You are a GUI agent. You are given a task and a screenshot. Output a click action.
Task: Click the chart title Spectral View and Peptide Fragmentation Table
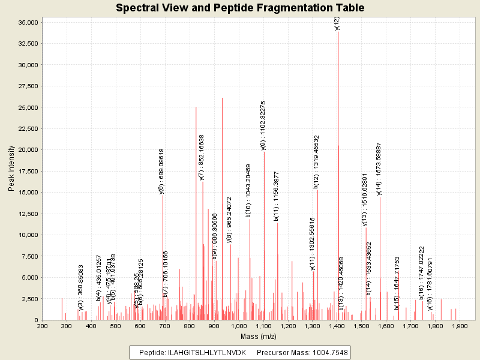click(x=240, y=8)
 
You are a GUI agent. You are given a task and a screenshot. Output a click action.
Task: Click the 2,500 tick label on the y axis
click(x=31, y=298)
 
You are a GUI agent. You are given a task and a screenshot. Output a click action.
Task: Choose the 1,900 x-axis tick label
click(x=460, y=326)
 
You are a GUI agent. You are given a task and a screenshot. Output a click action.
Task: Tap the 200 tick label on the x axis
click(x=42, y=326)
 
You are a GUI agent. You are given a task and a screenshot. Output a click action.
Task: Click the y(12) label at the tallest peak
click(x=337, y=23)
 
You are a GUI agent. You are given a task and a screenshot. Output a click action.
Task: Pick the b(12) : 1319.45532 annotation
click(x=316, y=162)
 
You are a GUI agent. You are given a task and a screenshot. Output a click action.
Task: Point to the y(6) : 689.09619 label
click(x=161, y=171)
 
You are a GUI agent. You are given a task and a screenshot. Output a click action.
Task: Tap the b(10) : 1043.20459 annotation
click(x=248, y=190)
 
